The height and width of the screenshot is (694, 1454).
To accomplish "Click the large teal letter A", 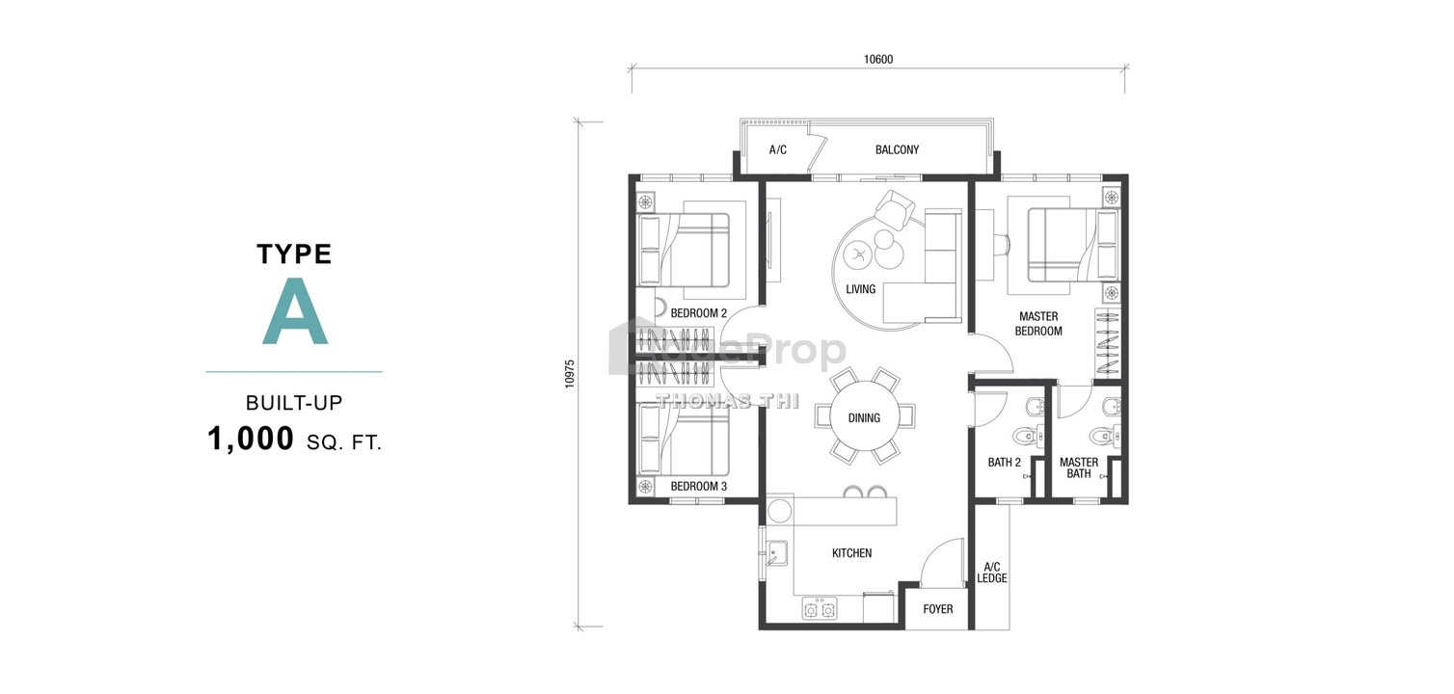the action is click(x=295, y=311).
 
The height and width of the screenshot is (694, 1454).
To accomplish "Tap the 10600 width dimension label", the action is click(x=878, y=60).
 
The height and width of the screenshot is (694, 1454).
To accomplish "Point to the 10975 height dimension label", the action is click(x=570, y=374).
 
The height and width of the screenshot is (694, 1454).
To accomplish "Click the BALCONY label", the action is click(x=897, y=150).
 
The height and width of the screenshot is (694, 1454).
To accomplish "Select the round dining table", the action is click(x=865, y=416).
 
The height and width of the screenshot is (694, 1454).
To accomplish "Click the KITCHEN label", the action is click(x=851, y=553).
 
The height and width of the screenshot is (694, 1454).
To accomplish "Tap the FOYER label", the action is click(x=938, y=609).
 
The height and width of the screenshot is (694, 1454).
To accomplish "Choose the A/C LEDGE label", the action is click(x=992, y=573).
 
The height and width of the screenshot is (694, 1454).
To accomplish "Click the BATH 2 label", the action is click(x=1004, y=463).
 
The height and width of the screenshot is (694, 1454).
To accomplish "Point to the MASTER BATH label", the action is click(x=1079, y=468).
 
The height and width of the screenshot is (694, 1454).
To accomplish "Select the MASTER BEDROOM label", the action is click(x=1038, y=324).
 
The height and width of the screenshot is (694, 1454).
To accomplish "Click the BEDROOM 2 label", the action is click(x=698, y=313).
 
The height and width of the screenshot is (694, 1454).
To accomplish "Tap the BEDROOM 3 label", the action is click(x=698, y=486).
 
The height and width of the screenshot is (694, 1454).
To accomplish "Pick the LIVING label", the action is click(x=861, y=289).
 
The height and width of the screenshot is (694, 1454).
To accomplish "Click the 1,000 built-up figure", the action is click(x=251, y=439).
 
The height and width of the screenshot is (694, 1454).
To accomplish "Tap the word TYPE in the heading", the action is click(x=294, y=254).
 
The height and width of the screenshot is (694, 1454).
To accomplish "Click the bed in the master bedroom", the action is click(x=1073, y=245).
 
